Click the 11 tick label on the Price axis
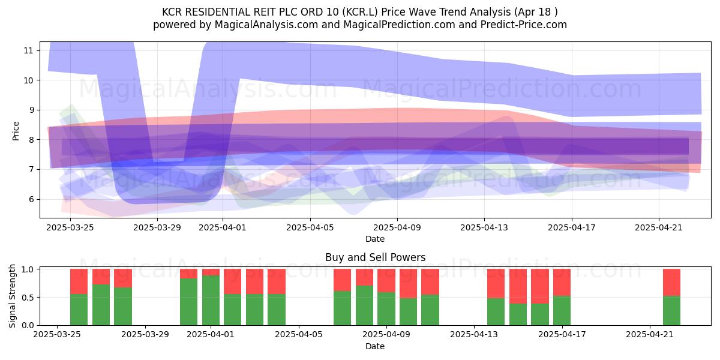click(x=28, y=50)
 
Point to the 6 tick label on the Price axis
click(x=31, y=199)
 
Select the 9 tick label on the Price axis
click(x=31, y=110)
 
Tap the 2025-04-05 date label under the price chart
click(x=310, y=227)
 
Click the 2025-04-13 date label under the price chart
click(x=484, y=227)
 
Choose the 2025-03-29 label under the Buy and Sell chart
click(x=145, y=334)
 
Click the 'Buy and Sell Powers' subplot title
click(x=376, y=257)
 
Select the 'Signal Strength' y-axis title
click(x=12, y=296)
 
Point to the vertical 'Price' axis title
click(x=16, y=131)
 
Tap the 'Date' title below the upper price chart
click(x=375, y=239)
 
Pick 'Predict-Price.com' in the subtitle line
click(x=524, y=25)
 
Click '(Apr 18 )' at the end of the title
click(x=536, y=12)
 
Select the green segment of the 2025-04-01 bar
click(x=211, y=300)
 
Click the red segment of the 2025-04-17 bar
click(x=562, y=283)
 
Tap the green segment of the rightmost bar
click(x=672, y=311)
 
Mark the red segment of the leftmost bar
click(x=79, y=281)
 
